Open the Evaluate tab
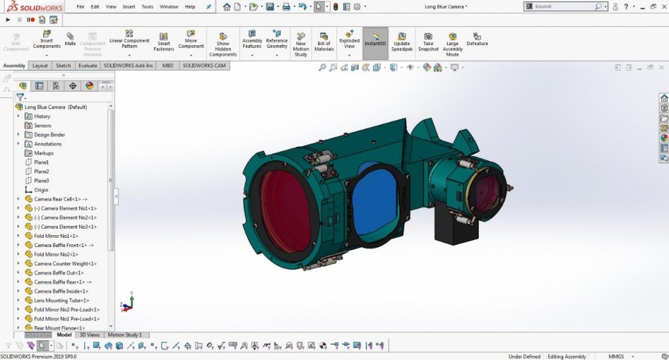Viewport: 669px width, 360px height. point(88,65)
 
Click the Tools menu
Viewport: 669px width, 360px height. point(147,7)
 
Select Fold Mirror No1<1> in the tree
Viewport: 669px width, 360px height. point(56,236)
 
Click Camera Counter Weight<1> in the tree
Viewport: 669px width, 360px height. point(65,263)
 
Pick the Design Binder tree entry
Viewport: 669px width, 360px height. point(50,135)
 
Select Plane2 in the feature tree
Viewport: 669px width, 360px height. point(42,171)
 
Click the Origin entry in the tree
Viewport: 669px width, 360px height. point(41,190)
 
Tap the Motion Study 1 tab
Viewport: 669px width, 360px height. point(125,335)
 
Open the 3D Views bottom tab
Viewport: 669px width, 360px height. point(90,335)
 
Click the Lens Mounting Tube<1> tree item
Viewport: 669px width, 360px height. point(61,300)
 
